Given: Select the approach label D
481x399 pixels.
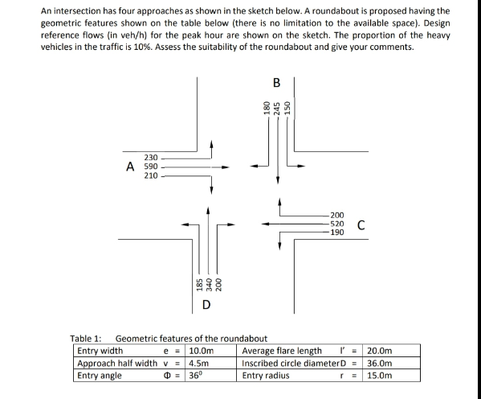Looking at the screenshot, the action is pos(206,304).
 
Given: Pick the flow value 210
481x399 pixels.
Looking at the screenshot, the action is pos(151,175).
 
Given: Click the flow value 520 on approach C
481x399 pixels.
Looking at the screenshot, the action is pos(338,224).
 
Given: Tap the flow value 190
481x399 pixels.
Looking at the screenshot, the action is pos(338,232).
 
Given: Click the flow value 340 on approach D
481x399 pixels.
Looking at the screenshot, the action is pos(209,283).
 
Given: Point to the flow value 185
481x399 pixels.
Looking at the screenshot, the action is pos(198,283).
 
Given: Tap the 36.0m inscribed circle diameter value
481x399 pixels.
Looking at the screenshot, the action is pos(380,363).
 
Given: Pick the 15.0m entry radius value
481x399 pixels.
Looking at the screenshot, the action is pos(380,375).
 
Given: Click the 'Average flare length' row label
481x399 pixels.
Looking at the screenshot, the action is pos(281,351).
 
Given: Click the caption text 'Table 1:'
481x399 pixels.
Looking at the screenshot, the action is pos(86,339).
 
